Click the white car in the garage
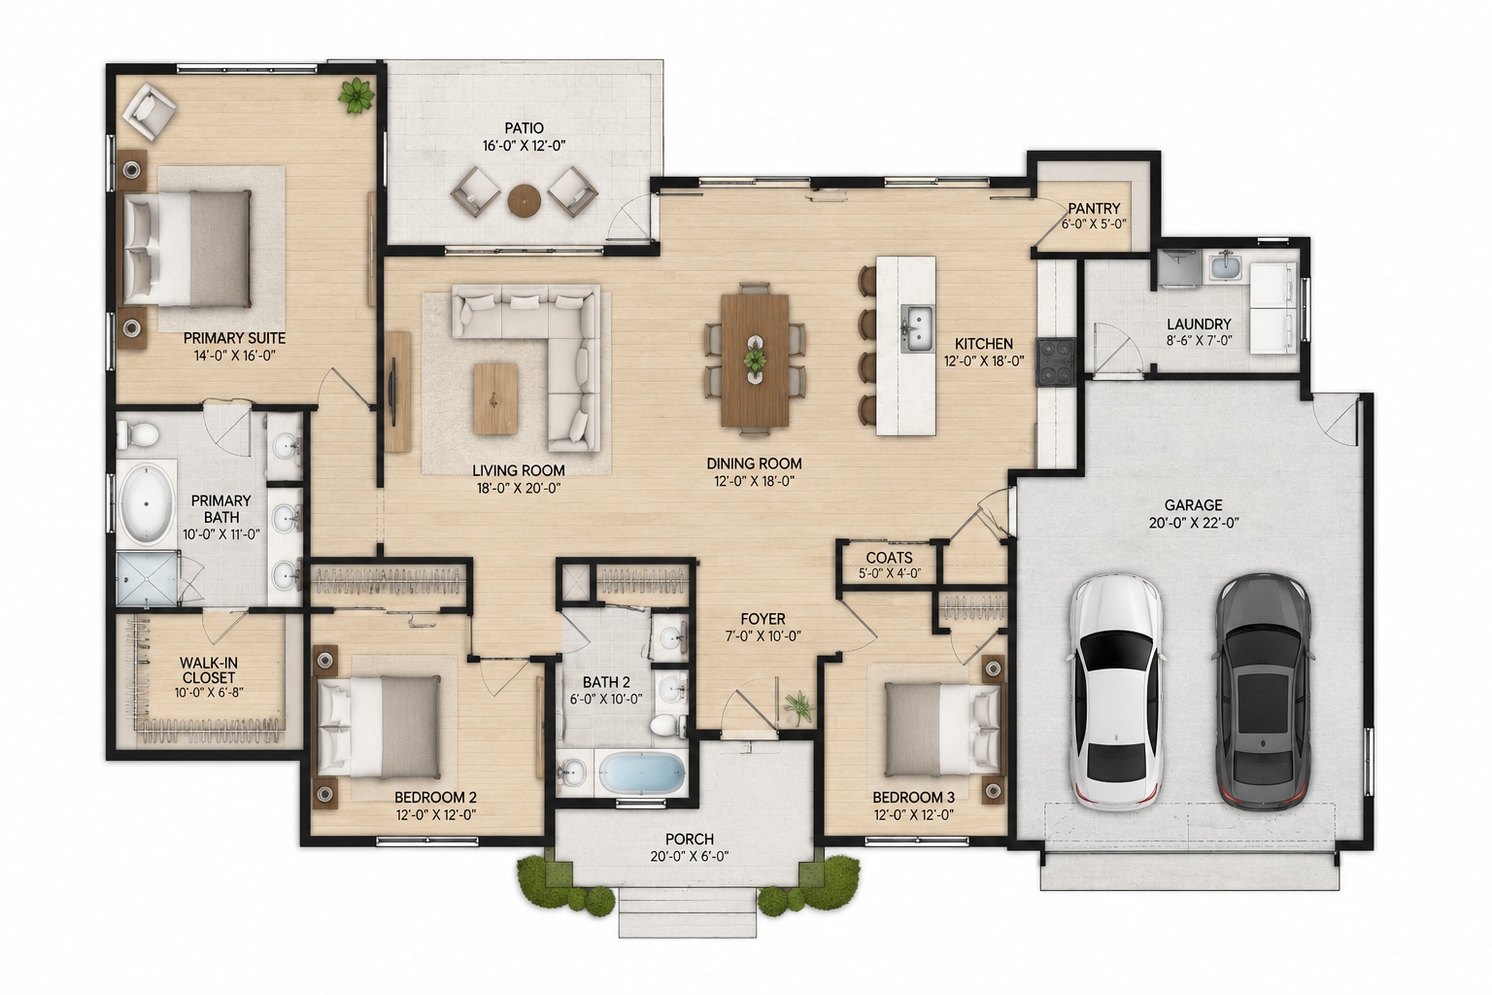tap(1116, 692)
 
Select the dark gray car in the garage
tap(1264, 692)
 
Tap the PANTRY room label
tap(1095, 209)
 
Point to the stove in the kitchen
tap(1056, 361)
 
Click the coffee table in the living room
tap(495, 397)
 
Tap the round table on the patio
tap(524, 200)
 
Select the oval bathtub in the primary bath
tap(147, 504)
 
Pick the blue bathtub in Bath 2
tap(643, 773)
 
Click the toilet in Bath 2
tap(667, 725)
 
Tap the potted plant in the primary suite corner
tap(357, 96)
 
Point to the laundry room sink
tap(1222, 268)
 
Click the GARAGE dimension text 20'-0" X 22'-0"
tap(1194, 523)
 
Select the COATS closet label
tap(889, 557)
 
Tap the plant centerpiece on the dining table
tap(755, 360)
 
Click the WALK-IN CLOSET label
tap(209, 670)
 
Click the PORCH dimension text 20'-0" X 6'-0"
tap(690, 856)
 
